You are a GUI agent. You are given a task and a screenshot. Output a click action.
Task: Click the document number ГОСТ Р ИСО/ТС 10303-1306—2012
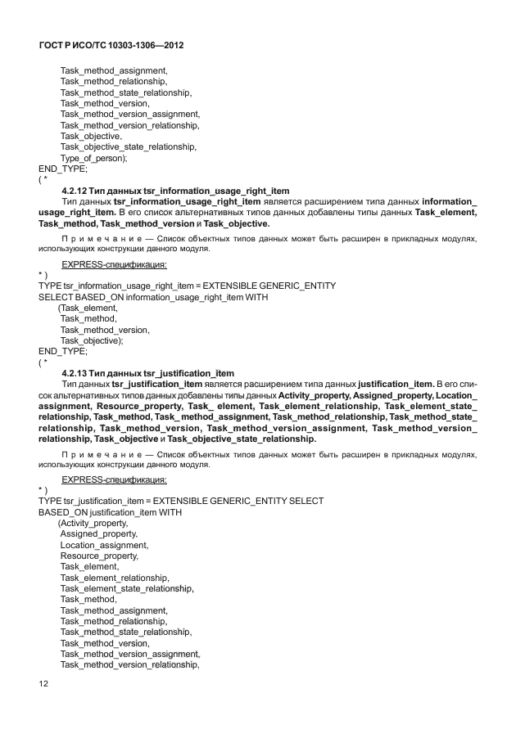[x=111, y=46]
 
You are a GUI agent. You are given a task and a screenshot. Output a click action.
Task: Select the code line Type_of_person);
[x=93, y=158]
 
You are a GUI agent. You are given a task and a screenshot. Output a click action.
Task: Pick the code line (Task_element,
[x=88, y=308]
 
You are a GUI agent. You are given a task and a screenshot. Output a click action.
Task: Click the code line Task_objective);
[x=92, y=340]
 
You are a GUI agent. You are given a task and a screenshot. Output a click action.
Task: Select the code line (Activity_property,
[x=93, y=523]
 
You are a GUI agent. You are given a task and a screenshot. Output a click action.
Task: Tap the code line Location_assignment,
[x=104, y=544]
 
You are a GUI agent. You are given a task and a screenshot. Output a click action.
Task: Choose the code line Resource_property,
[x=99, y=556]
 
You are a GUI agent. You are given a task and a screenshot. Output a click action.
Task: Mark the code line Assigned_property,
[x=99, y=533]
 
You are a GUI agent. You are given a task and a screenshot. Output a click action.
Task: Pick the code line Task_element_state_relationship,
[x=127, y=588]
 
